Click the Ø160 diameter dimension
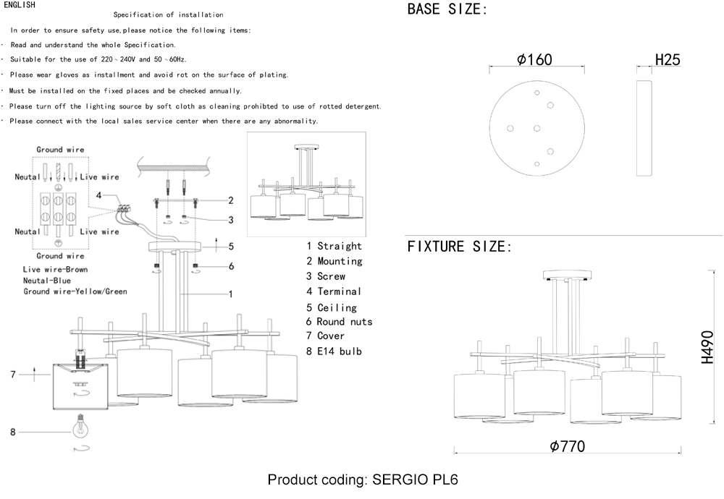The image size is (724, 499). click(x=535, y=60)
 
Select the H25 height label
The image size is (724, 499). click(x=667, y=60)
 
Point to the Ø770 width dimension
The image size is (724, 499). click(x=567, y=446)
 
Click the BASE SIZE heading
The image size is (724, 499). click(x=447, y=10)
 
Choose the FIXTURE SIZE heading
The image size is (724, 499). click(x=460, y=247)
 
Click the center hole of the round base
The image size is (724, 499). click(x=536, y=128)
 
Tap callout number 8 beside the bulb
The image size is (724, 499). click(x=13, y=432)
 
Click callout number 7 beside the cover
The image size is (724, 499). click(x=13, y=374)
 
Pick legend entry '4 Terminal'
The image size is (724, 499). click(x=333, y=291)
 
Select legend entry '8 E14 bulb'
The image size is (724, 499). click(x=334, y=351)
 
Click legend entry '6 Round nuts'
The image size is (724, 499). click(x=339, y=321)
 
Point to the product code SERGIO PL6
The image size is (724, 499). click(x=363, y=480)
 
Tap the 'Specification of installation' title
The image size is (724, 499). click(x=168, y=14)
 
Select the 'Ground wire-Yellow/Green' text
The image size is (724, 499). click(x=75, y=291)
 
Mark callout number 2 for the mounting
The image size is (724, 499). click(x=231, y=200)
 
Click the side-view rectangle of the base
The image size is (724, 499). click(x=644, y=129)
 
